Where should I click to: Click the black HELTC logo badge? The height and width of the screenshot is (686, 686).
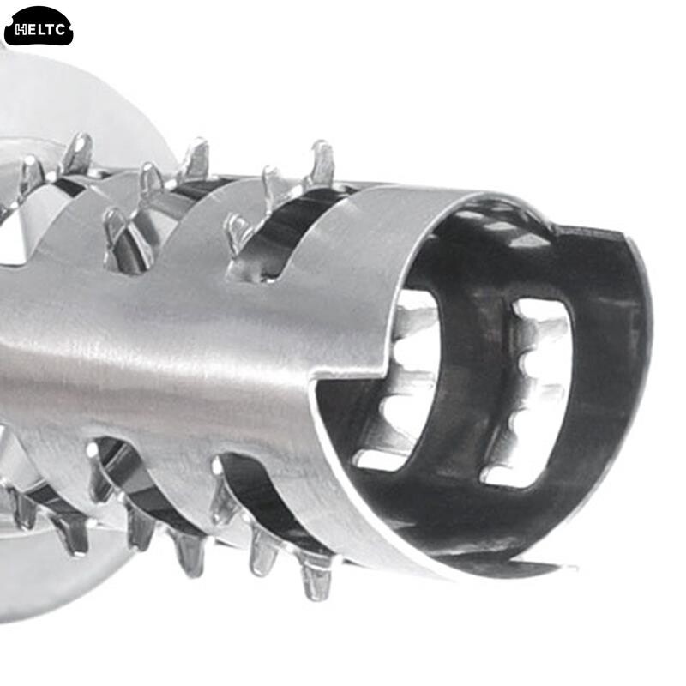tap(39, 27)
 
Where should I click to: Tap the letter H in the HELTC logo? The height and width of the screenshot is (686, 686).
tap(21, 30)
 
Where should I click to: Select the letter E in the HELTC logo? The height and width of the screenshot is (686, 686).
tap(31, 30)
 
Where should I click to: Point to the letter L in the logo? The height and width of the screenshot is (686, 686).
tap(40, 30)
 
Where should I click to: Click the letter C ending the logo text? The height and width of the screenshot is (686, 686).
tap(60, 30)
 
